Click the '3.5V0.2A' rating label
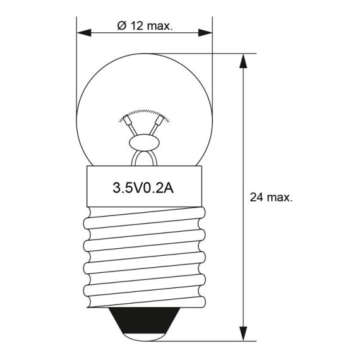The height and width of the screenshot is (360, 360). click(x=143, y=188)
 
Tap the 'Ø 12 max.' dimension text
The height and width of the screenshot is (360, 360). click(x=145, y=26)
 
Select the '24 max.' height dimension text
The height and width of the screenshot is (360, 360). click(x=271, y=198)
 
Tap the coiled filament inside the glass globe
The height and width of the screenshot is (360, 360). click(x=143, y=114)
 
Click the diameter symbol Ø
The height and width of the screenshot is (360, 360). click(x=121, y=26)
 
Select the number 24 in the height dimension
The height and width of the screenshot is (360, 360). click(x=256, y=198)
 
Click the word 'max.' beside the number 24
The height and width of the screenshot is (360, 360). click(x=279, y=198)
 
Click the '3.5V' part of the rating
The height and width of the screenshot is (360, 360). click(x=125, y=188)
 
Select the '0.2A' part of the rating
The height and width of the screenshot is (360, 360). click(x=159, y=188)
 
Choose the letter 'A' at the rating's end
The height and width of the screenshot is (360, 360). click(x=169, y=188)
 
